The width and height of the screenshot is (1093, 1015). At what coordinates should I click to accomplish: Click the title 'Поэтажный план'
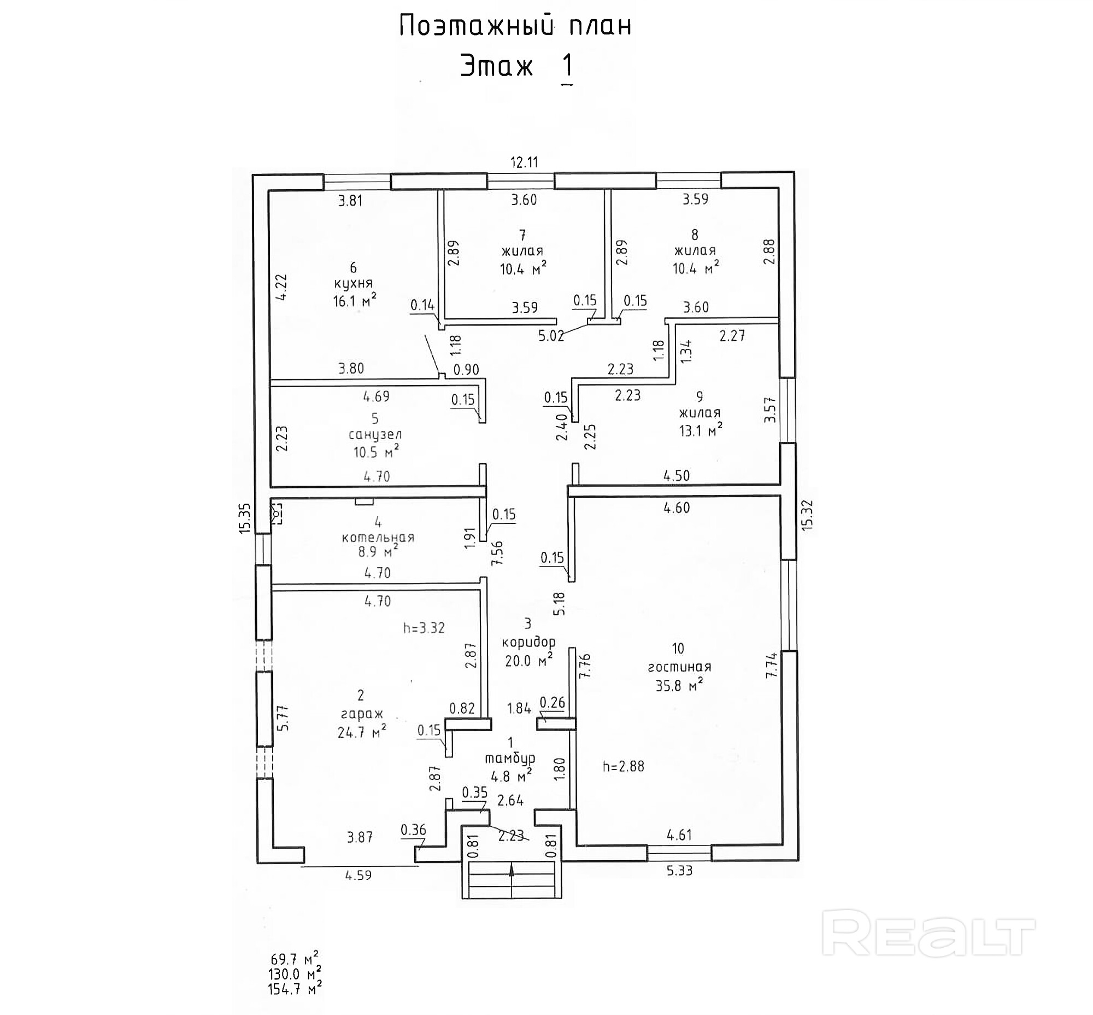point(515,26)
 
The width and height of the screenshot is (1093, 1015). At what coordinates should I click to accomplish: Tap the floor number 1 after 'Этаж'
point(568,66)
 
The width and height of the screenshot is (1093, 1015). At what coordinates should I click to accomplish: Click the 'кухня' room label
point(353,283)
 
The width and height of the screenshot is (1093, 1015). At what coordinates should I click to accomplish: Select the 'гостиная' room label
point(679,667)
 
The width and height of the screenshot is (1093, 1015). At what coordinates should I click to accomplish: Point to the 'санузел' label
point(375,434)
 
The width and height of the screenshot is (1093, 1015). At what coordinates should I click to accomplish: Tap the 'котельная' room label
point(378,537)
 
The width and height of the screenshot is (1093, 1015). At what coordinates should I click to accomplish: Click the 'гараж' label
point(362,714)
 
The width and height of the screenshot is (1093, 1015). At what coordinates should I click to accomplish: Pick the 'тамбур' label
point(510,759)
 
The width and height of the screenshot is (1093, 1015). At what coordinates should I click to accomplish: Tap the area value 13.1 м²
point(700,430)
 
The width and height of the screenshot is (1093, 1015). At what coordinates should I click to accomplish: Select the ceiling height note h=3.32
point(424,628)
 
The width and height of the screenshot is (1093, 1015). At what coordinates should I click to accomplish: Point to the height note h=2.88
point(623,766)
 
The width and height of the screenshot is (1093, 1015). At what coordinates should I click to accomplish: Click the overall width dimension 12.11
point(524,162)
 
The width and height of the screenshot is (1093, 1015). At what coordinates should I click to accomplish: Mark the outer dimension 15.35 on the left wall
point(244,518)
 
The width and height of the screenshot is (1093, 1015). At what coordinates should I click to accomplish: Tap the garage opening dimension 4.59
point(358,875)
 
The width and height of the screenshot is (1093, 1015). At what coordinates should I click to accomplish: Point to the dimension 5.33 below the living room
point(679,870)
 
